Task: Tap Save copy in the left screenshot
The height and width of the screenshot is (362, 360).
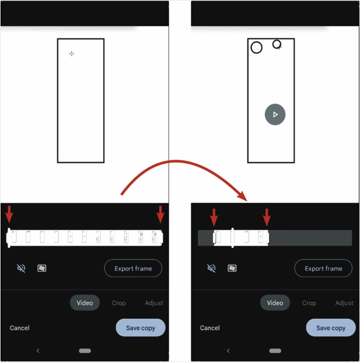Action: [141, 328]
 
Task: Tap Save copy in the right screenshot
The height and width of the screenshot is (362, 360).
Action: [331, 328]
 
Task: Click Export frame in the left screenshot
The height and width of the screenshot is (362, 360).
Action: [133, 268]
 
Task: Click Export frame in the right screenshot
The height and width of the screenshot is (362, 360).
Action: [323, 268]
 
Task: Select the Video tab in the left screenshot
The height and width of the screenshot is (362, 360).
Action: [85, 303]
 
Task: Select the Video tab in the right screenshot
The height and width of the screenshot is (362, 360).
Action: [275, 303]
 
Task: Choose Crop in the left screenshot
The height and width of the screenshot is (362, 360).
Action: [119, 303]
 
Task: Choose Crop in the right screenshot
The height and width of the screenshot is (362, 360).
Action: [309, 303]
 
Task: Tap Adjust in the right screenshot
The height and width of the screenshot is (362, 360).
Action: [344, 303]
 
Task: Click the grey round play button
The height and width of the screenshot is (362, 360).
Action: [275, 114]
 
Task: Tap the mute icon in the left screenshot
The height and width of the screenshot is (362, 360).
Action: [21, 268]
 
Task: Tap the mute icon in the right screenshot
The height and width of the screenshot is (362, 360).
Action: [211, 268]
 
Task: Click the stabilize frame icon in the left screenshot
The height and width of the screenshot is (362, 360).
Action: [42, 268]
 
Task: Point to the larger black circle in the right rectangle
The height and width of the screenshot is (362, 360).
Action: [251, 48]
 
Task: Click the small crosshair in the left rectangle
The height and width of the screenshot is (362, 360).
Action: [72, 54]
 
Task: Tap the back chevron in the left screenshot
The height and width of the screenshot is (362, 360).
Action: [38, 351]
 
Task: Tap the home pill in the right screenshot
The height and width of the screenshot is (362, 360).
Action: [275, 351]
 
